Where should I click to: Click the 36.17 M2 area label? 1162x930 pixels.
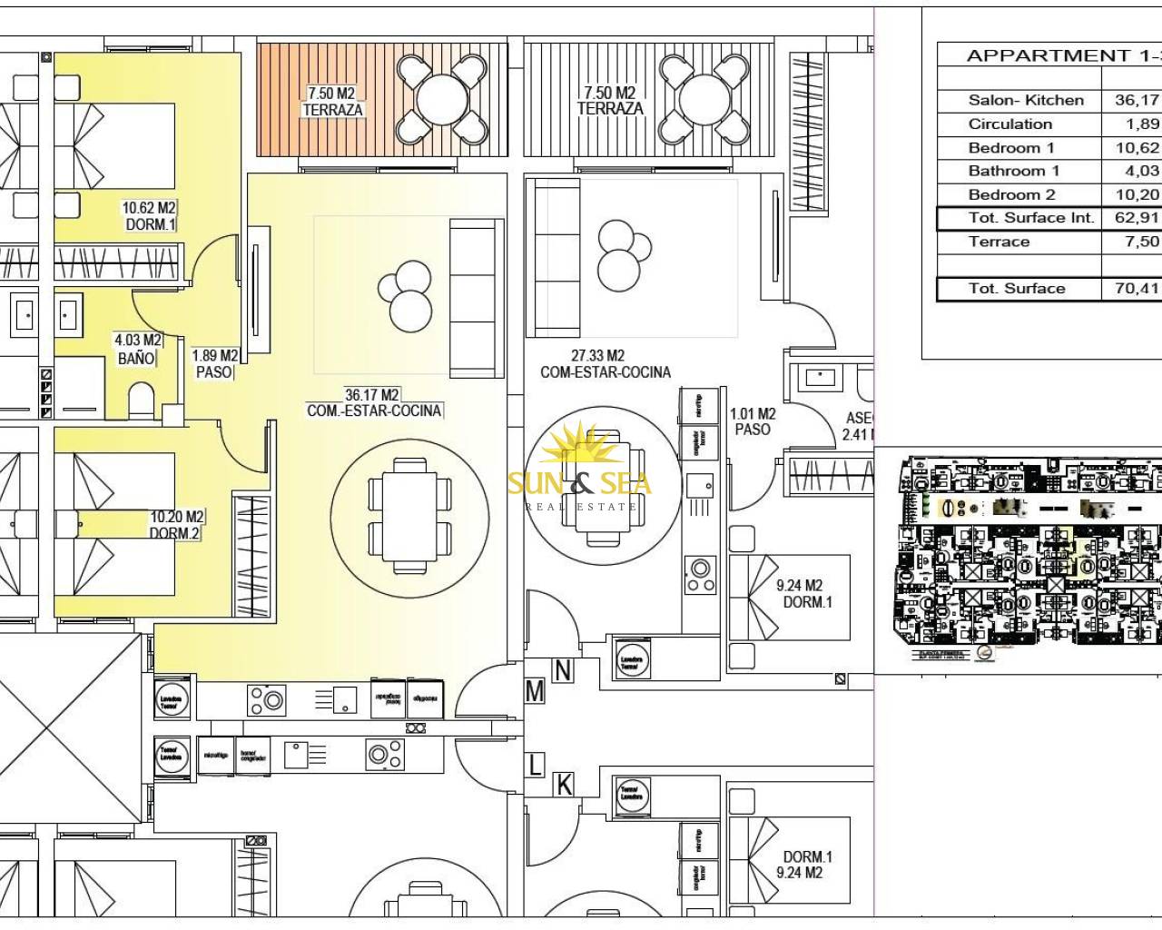tap(372, 395)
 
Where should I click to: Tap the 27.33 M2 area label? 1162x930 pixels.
tap(597, 356)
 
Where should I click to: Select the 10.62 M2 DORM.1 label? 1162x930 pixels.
tap(149, 216)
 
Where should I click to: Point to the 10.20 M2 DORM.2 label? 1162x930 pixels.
tap(176, 525)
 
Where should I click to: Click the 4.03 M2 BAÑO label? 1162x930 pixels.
tap(137, 350)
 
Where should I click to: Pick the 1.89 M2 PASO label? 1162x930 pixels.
tap(215, 364)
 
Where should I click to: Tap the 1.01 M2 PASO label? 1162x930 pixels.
tap(753, 421)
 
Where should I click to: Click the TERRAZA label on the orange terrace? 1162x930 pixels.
tap(332, 110)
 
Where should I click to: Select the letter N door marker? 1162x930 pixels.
tap(563, 670)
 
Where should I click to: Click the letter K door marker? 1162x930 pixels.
tap(564, 784)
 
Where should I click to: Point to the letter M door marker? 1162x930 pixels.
tap(535, 691)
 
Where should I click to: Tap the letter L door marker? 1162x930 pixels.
tap(535, 765)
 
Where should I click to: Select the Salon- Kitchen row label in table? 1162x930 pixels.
tap(1026, 101)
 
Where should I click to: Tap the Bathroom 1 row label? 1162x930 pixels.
tap(1013, 171)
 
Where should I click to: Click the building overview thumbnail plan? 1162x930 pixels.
tap(1028, 559)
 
